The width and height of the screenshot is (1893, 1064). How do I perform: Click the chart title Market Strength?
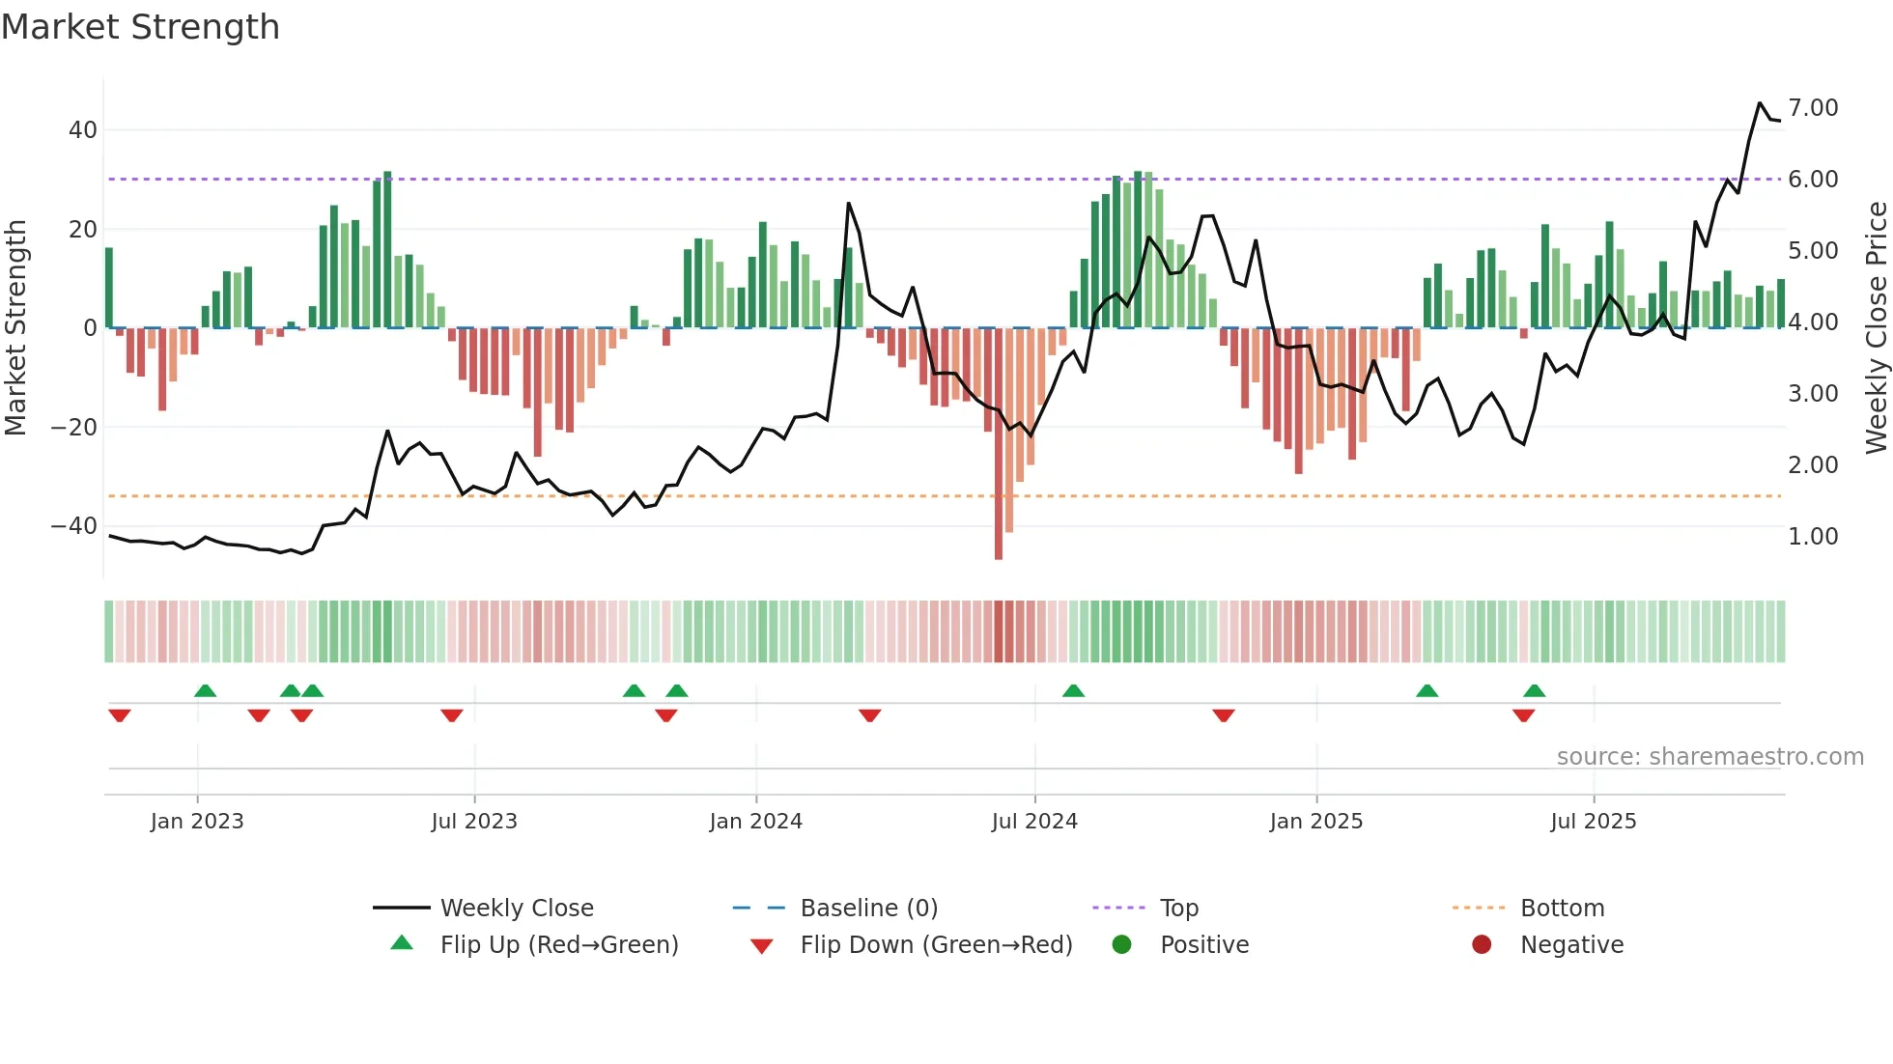click(140, 27)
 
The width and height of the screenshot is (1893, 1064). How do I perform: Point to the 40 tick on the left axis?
click(83, 130)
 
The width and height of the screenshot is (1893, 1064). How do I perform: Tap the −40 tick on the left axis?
click(74, 526)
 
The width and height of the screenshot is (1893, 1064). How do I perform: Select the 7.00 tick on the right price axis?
click(1813, 107)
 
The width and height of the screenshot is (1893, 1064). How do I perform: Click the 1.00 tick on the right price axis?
click(1813, 537)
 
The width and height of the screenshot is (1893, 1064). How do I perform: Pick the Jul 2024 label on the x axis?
click(1033, 822)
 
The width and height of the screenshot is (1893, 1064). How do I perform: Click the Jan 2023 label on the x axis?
click(197, 822)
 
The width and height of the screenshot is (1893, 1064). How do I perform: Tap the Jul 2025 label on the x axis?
click(1593, 822)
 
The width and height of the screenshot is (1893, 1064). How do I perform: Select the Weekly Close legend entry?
click(516, 909)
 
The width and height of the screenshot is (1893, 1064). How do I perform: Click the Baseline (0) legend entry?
click(868, 909)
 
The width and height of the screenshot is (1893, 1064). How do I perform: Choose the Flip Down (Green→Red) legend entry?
click(935, 945)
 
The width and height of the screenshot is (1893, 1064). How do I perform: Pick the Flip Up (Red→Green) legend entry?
click(558, 945)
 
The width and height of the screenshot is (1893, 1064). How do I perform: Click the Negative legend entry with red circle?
click(1570, 945)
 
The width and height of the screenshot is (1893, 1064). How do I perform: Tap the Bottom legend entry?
click(1561, 909)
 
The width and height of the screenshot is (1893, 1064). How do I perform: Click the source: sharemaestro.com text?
click(1709, 757)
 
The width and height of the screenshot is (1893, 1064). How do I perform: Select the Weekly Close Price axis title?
click(1876, 328)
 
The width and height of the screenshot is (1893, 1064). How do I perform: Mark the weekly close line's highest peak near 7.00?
click(1760, 103)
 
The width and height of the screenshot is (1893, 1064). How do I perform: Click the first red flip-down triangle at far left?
click(120, 714)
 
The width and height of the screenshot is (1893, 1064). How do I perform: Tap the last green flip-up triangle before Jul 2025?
click(1535, 690)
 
